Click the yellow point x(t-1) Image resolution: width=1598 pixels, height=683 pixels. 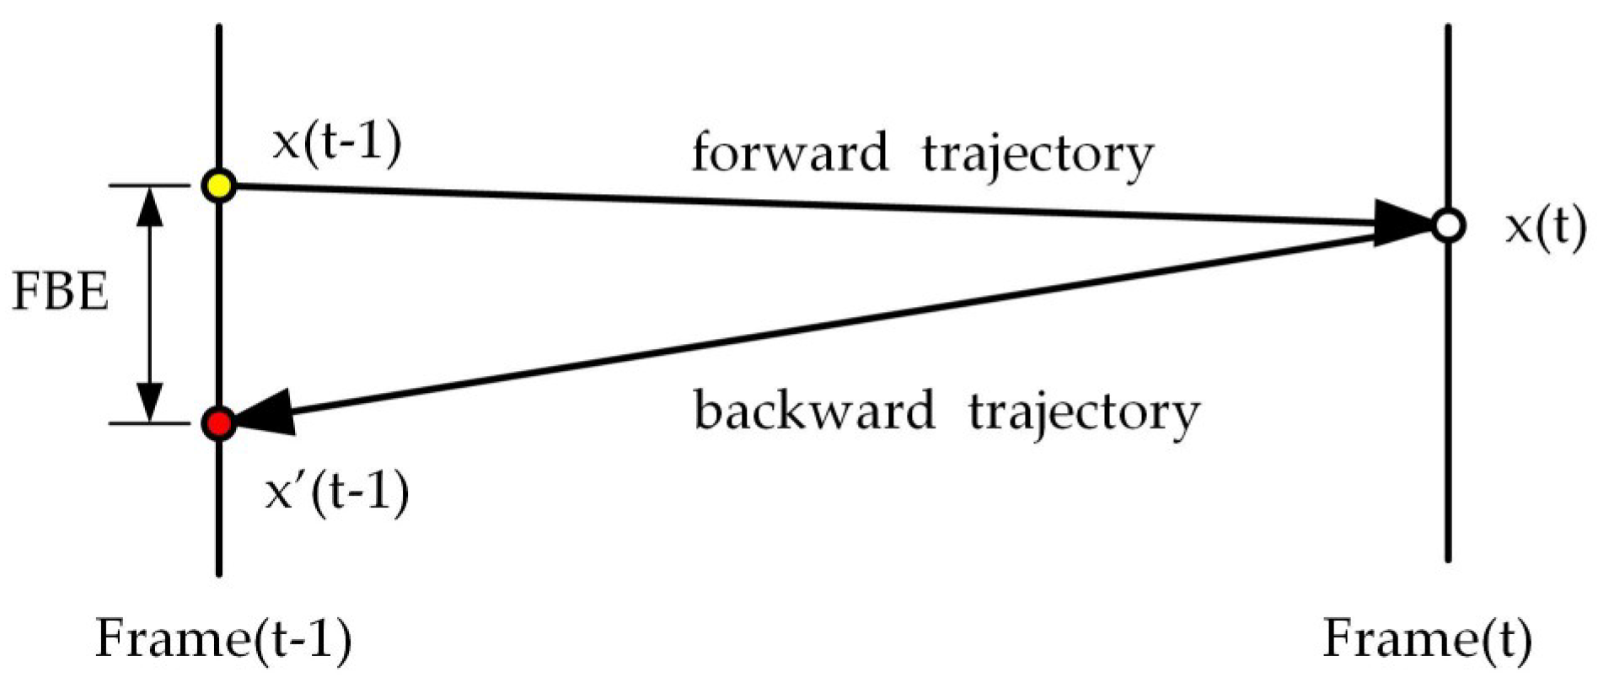coord(219,186)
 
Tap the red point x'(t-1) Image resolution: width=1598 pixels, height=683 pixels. coord(219,423)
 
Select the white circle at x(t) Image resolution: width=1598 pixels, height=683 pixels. coord(1448,226)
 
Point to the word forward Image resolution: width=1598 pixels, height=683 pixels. coord(790,153)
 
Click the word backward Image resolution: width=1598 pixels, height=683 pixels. coord(814,411)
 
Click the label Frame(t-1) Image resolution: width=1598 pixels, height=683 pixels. coord(223,639)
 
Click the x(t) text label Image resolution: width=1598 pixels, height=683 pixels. coord(1545,228)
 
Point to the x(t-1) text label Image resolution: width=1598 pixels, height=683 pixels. coord(337,142)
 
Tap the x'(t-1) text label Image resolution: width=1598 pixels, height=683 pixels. coord(337,491)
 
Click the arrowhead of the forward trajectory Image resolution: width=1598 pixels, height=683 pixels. coord(1403,223)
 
